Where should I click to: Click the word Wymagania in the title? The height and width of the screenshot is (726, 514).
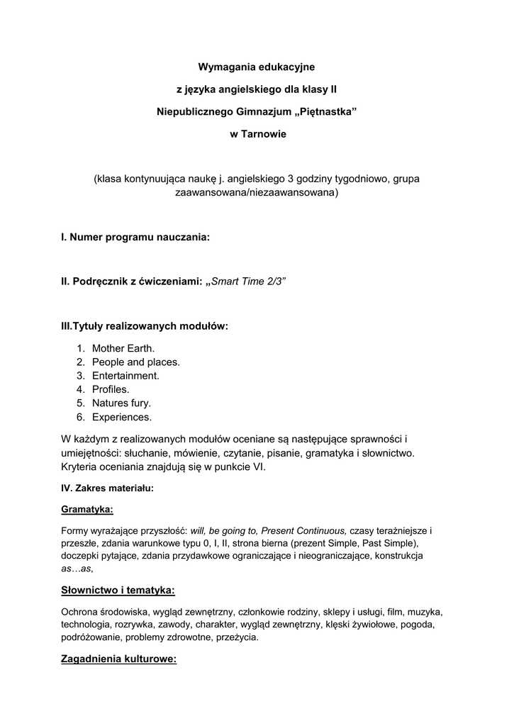(x=224, y=67)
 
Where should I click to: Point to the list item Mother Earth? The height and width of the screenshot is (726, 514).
(x=123, y=348)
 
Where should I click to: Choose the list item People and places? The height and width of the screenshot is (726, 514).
(x=135, y=362)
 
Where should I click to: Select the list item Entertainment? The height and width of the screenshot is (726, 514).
(x=125, y=376)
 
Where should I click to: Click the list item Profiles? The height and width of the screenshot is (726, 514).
(x=110, y=389)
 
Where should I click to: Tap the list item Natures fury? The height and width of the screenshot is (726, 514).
(x=121, y=403)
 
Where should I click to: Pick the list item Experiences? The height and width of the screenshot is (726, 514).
(x=121, y=417)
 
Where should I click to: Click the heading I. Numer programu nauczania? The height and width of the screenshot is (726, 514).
(x=135, y=238)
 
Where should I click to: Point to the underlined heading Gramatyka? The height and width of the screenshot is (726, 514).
(x=87, y=509)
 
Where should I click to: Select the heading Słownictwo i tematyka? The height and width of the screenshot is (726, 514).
(x=118, y=590)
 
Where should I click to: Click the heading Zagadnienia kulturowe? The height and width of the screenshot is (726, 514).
(x=118, y=659)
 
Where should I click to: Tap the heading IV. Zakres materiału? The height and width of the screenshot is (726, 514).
(x=107, y=488)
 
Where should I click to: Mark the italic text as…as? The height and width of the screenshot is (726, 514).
(x=77, y=569)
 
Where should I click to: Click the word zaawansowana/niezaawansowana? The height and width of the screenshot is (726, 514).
(x=257, y=193)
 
